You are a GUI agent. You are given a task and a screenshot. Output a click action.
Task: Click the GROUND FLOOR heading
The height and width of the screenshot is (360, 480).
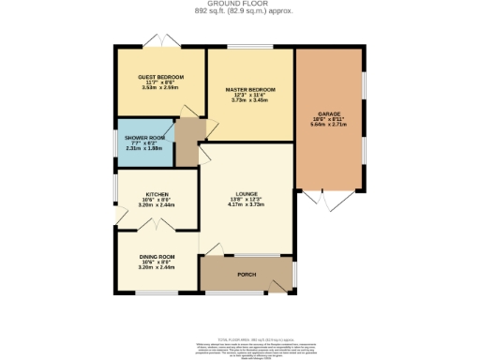point(239,4)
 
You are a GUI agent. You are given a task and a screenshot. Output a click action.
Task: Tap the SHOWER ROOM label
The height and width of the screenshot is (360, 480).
point(144,137)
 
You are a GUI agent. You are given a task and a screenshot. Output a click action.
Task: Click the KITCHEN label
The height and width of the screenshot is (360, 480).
point(157,194)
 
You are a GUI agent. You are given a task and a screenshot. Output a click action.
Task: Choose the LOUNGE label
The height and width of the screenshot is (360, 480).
point(247,193)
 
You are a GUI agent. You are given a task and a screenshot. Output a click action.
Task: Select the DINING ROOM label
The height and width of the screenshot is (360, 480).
point(157,257)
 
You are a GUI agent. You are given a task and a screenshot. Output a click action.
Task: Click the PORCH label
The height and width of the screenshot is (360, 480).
point(247,274)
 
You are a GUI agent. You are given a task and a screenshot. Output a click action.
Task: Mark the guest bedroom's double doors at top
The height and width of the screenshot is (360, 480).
point(159,40)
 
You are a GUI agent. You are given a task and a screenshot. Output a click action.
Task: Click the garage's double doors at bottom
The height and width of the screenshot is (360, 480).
point(324,199)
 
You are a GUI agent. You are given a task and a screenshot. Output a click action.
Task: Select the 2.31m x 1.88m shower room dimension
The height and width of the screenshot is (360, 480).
point(144,148)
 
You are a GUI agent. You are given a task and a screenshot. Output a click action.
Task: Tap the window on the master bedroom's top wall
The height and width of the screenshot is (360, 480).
point(250,47)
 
